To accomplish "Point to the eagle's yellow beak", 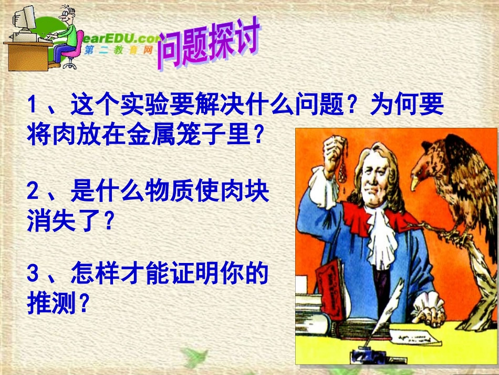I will coord(415,182).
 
